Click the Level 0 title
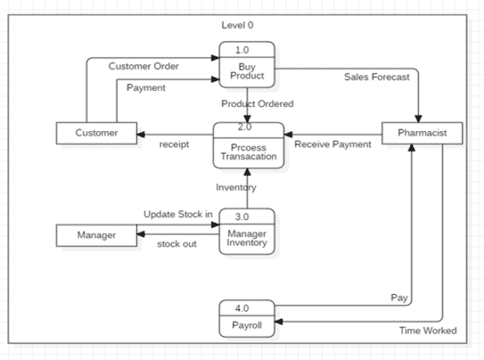click(237, 25)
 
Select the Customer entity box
click(96, 133)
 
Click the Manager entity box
click(96, 234)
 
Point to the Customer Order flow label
click(143, 66)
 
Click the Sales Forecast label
click(377, 76)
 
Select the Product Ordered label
click(257, 104)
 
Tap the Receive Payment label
click(333, 144)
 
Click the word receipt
click(174, 144)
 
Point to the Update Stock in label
click(177, 213)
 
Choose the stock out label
click(176, 244)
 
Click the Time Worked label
click(428, 331)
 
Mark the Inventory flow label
click(236, 187)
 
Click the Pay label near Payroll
click(398, 297)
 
